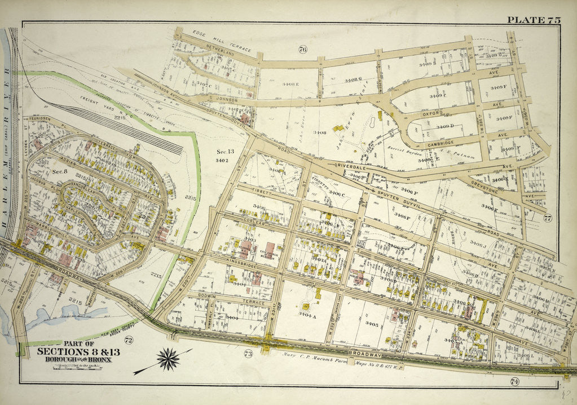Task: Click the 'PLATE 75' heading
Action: point(533,20)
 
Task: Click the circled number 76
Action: point(302,50)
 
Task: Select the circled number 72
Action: point(129,340)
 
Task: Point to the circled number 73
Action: point(248,354)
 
